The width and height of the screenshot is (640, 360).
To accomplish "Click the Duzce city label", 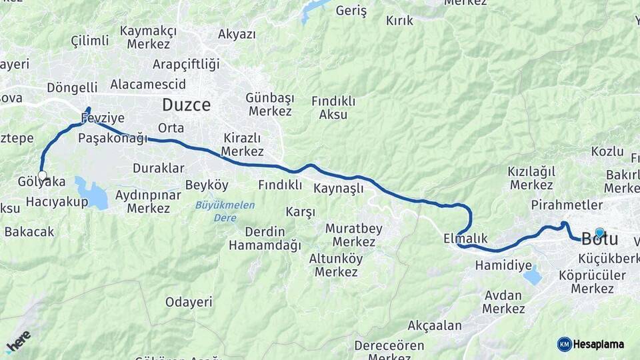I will (186, 105).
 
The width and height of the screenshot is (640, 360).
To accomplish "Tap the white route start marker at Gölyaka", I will (43, 176).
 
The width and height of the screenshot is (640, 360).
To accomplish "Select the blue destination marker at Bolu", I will (599, 233).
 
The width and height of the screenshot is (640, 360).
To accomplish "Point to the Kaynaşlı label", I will (339, 188).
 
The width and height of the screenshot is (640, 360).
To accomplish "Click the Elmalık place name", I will (465, 238).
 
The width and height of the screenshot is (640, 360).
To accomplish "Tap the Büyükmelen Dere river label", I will (225, 211).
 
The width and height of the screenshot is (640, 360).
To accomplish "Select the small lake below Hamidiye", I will (532, 275).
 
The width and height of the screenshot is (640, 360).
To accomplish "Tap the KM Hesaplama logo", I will (591, 344).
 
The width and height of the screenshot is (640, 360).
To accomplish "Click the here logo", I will (18, 341).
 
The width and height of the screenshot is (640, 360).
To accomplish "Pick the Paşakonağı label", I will (112, 138).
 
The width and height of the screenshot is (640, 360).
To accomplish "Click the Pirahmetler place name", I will (567, 205).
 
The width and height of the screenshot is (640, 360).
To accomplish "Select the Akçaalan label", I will (434, 326).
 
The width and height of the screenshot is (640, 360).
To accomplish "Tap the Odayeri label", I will (189, 302).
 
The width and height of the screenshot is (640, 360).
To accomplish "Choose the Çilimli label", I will (90, 41).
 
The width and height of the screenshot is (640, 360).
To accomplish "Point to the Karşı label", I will (300, 212).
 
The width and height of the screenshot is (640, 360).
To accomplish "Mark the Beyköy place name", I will (207, 185).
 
